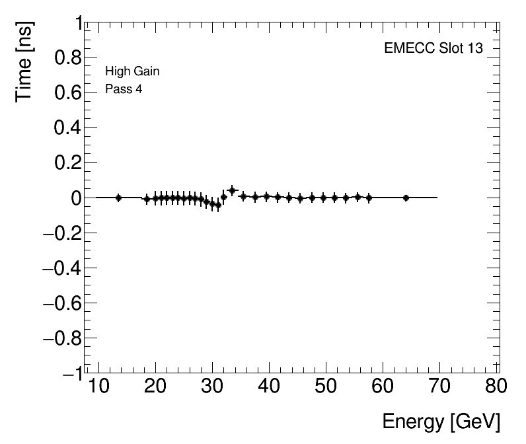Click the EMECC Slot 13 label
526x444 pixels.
point(433,49)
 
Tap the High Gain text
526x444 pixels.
point(132,71)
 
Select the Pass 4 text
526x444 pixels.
point(124,89)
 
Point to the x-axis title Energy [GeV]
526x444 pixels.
point(441,422)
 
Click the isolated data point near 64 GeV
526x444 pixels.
point(406,198)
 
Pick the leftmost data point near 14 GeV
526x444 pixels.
point(118,197)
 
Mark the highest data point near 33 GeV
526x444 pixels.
point(232,190)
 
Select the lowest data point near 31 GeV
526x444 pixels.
point(218,205)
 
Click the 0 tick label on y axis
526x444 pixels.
point(75,198)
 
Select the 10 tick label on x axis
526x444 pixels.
point(98,387)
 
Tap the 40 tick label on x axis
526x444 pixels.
point(268,387)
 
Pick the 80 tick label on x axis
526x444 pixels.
point(496,387)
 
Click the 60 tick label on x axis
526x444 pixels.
point(382,387)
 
